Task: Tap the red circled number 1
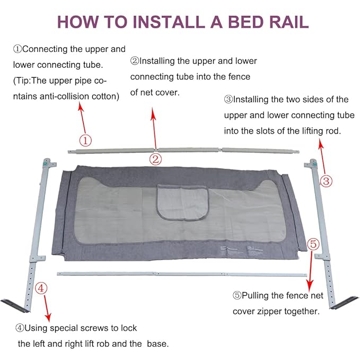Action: (x=86, y=140)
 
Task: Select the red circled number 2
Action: (x=155, y=158)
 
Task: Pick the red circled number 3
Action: (x=327, y=181)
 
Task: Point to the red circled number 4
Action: (x=42, y=288)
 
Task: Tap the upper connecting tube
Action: (x=186, y=150)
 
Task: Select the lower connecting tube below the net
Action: (x=180, y=274)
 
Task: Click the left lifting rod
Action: (x=37, y=223)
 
